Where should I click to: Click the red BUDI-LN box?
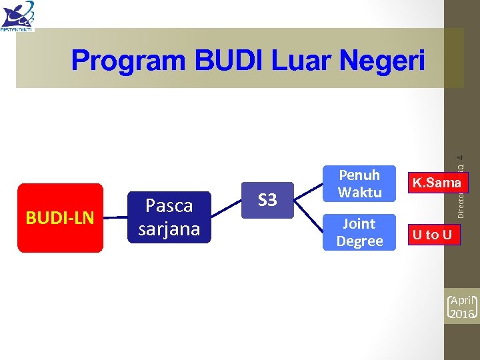pos(60,218)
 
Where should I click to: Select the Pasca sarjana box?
pos(169,217)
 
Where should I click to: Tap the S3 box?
pos(267,200)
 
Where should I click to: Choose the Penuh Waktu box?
pos(359,184)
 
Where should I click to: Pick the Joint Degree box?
pos(359,232)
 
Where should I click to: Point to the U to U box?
pos(432,234)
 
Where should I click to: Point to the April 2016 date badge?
pos(463,306)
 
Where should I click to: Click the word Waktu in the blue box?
pos(359,193)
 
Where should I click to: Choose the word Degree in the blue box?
pos(359,241)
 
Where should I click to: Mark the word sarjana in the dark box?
pos(169,229)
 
